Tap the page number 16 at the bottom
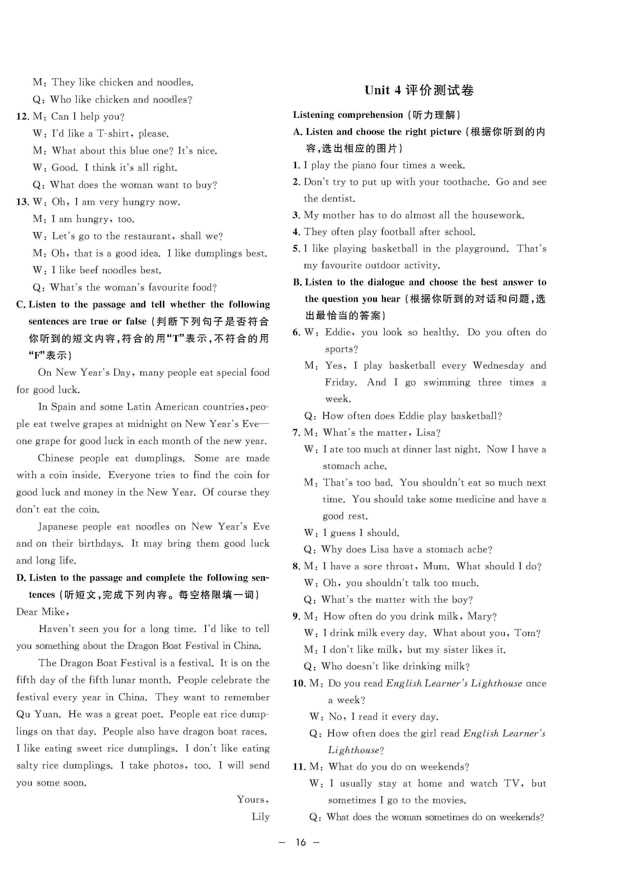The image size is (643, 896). tap(301, 842)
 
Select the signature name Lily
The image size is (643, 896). tap(261, 816)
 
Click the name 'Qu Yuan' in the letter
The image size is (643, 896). tap(38, 714)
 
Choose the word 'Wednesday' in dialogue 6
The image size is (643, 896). tap(498, 366)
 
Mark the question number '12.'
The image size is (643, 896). tap(23, 116)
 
